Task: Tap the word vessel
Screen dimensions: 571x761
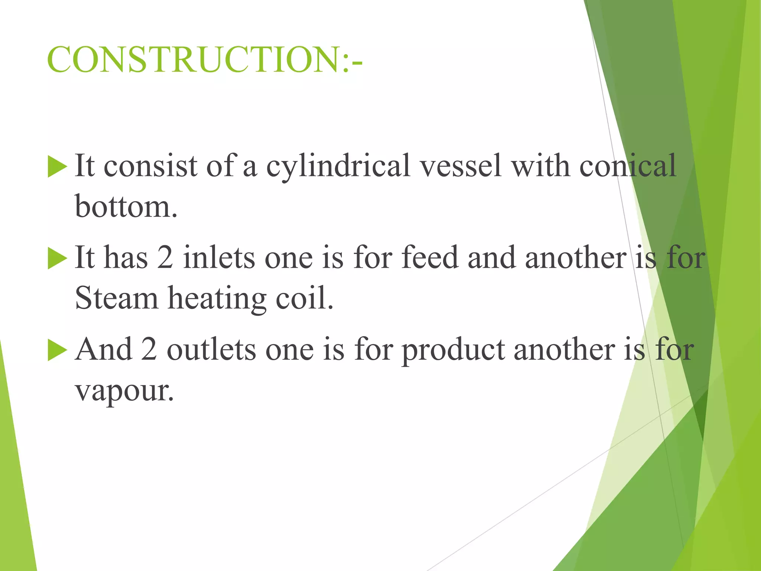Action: pyautogui.click(x=461, y=165)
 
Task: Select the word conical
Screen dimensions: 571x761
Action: pyautogui.click(x=628, y=165)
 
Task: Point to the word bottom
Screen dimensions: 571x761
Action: pyautogui.click(x=126, y=206)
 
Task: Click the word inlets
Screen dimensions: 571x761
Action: pyautogui.click(x=219, y=258)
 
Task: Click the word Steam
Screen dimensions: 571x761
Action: pyautogui.click(x=117, y=298)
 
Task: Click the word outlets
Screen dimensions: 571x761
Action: pyautogui.click(x=211, y=350)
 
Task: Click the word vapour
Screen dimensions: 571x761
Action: pyautogui.click(x=124, y=391)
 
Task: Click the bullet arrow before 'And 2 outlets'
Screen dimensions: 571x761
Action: pyautogui.click(x=57, y=351)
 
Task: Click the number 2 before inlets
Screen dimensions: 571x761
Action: pyautogui.click(x=165, y=258)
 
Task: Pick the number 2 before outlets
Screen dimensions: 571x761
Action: pyautogui.click(x=149, y=349)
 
